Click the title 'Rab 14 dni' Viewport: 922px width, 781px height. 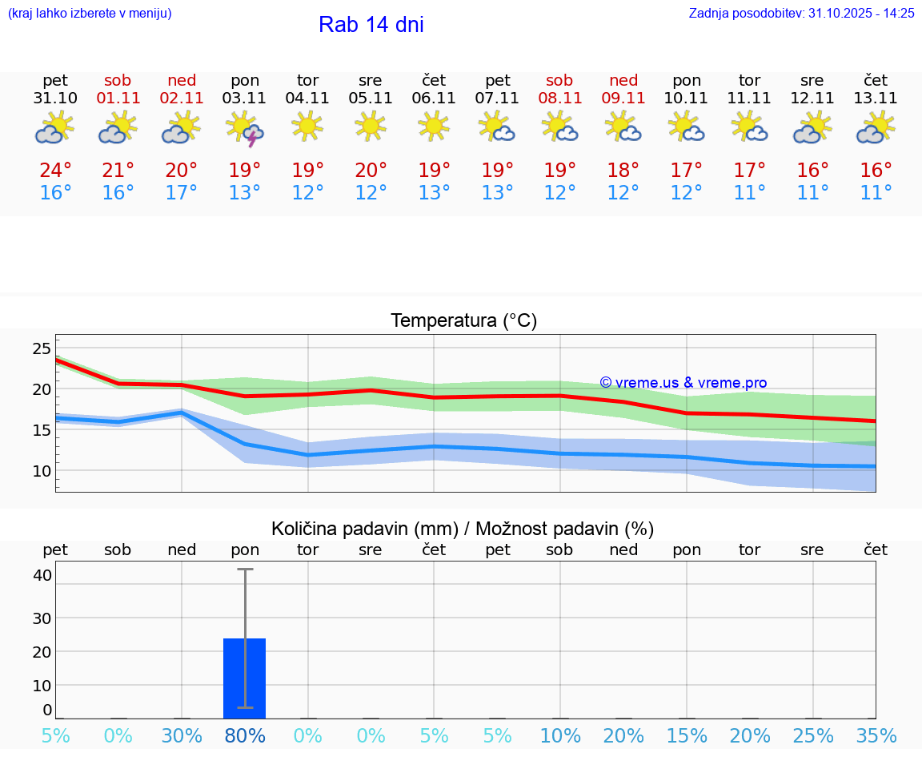tap(371, 25)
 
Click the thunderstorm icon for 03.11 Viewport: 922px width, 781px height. tap(245, 129)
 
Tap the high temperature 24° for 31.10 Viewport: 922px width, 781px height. tap(55, 171)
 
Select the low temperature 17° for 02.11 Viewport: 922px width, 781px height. tap(182, 193)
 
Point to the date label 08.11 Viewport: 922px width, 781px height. tap(559, 99)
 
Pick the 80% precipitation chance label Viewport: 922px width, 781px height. tap(245, 736)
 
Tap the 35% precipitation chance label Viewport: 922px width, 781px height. tap(876, 736)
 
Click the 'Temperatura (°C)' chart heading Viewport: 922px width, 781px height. tap(463, 321)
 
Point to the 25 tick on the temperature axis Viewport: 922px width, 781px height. tap(42, 348)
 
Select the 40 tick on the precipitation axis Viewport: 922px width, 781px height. tap(42, 575)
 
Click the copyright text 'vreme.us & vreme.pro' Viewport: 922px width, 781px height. tap(683, 383)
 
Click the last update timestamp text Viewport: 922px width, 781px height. tap(801, 14)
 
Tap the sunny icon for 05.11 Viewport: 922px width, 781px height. tap(370, 126)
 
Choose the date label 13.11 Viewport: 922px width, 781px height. tap(876, 99)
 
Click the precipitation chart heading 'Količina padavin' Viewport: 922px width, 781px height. tap(463, 529)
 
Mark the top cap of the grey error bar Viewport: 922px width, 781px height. tap(245, 570)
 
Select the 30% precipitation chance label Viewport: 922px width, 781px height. tap(182, 736)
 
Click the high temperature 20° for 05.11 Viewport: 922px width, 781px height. tap(371, 171)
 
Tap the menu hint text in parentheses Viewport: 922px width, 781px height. tap(90, 14)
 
